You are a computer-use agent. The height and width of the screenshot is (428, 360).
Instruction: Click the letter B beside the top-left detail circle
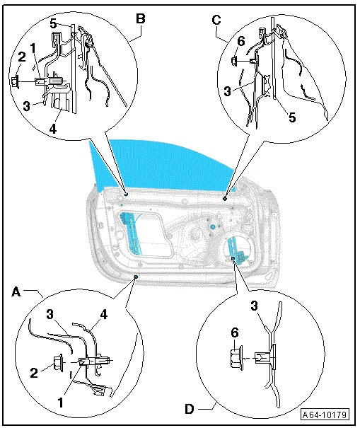pos(141,19)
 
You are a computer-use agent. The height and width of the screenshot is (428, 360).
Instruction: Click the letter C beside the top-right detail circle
pos(216,21)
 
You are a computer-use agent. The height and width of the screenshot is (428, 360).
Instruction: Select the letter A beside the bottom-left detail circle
pos(16,292)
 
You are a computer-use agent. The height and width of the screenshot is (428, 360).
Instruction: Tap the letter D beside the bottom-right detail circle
pos(189,409)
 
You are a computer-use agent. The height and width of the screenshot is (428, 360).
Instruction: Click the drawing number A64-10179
pos(325,415)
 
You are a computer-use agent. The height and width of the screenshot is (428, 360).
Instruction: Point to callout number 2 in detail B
pos(22,57)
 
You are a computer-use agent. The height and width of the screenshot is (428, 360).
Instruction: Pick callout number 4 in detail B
pos(53,128)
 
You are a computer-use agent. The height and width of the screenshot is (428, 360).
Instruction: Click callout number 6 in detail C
pos(241,42)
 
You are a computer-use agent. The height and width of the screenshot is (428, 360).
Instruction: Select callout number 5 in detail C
pos(292,117)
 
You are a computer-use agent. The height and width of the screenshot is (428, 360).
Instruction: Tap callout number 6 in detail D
pos(235,332)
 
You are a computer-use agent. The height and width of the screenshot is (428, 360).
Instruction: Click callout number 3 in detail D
pos(254,306)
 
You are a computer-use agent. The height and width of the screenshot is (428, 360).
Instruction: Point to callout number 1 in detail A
pos(61,402)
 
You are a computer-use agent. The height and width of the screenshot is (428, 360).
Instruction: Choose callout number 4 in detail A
pos(104,314)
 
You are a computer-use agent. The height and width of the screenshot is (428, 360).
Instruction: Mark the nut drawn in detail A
pos(58,362)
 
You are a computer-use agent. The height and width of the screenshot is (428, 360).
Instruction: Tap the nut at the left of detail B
pos(16,81)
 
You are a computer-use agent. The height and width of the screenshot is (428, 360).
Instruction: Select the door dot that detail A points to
pos(136,277)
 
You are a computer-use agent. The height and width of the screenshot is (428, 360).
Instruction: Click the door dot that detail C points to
pos(225,199)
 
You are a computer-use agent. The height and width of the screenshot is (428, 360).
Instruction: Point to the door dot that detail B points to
pos(126,194)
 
